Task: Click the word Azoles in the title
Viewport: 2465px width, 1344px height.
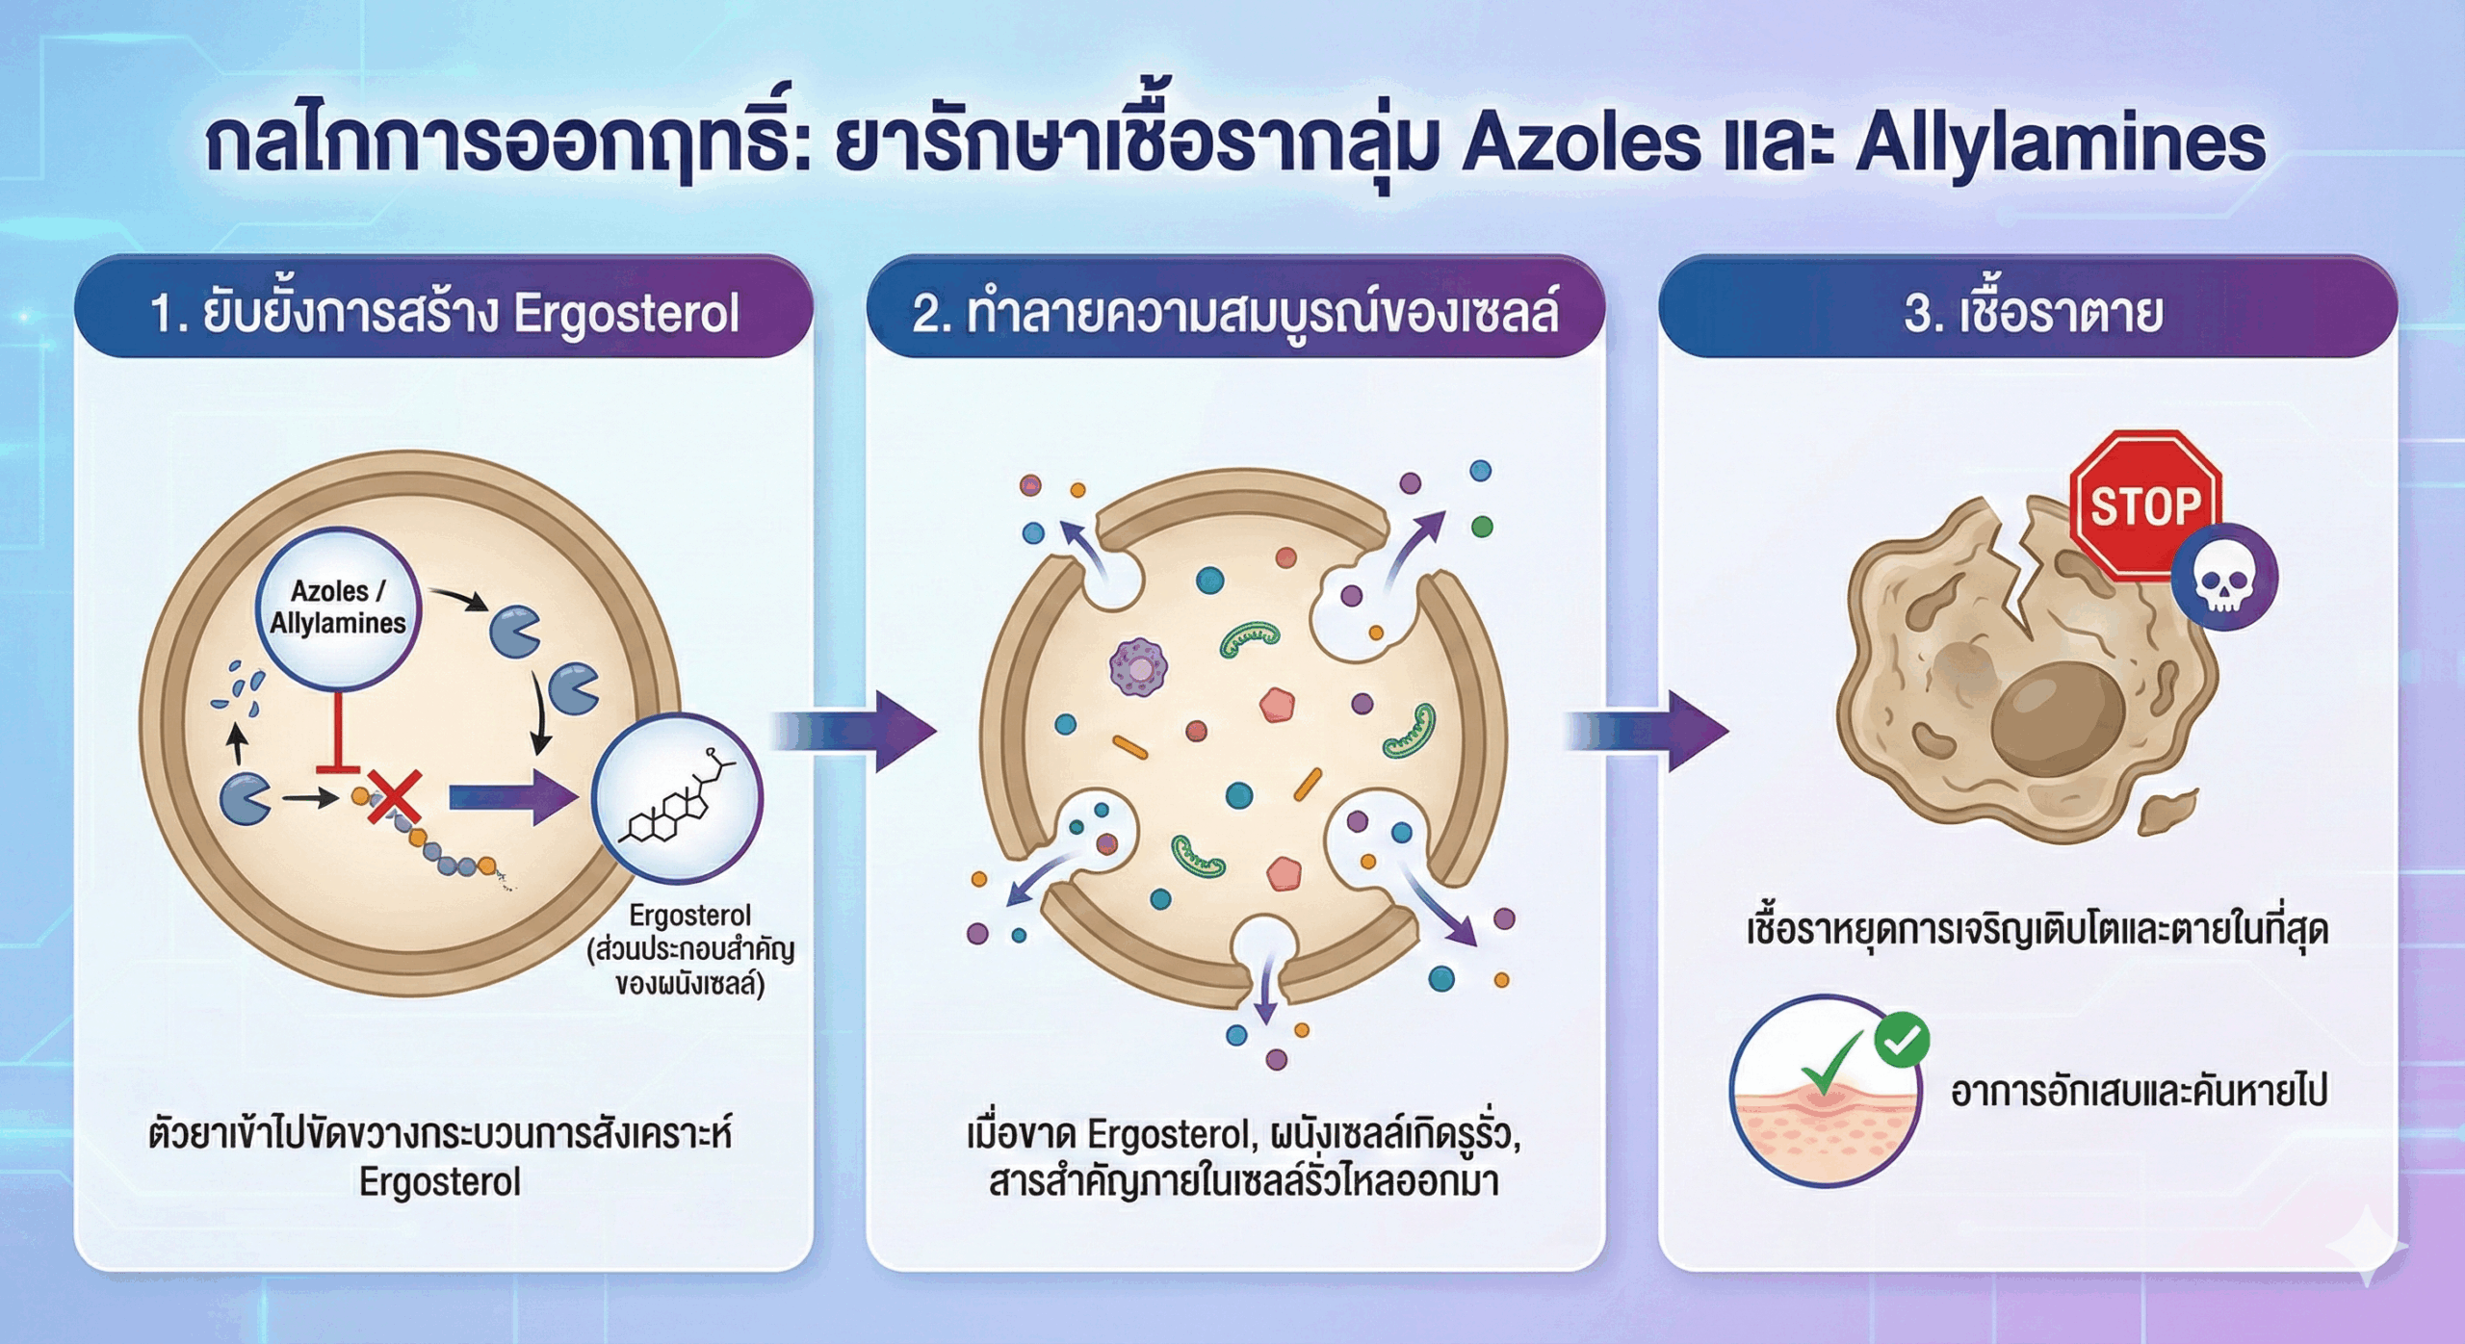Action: (1580, 144)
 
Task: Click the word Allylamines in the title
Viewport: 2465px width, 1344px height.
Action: (2060, 144)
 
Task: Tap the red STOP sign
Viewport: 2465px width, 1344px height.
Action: (2144, 505)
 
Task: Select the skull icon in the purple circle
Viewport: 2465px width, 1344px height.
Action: (2223, 579)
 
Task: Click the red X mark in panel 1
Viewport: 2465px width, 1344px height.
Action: (394, 796)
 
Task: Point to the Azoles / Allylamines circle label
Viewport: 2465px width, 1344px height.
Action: (337, 607)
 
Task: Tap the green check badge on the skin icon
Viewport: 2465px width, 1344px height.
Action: (1902, 1040)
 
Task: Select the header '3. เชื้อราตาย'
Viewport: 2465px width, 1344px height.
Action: (2032, 313)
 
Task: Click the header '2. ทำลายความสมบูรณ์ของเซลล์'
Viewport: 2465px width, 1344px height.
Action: (1234, 313)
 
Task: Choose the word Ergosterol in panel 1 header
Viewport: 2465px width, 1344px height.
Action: (626, 313)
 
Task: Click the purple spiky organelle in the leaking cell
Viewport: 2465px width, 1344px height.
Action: (1138, 667)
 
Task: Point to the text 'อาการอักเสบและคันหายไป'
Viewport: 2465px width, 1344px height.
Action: (2139, 1092)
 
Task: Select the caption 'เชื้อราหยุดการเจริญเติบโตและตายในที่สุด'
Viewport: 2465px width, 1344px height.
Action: (2037, 930)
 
